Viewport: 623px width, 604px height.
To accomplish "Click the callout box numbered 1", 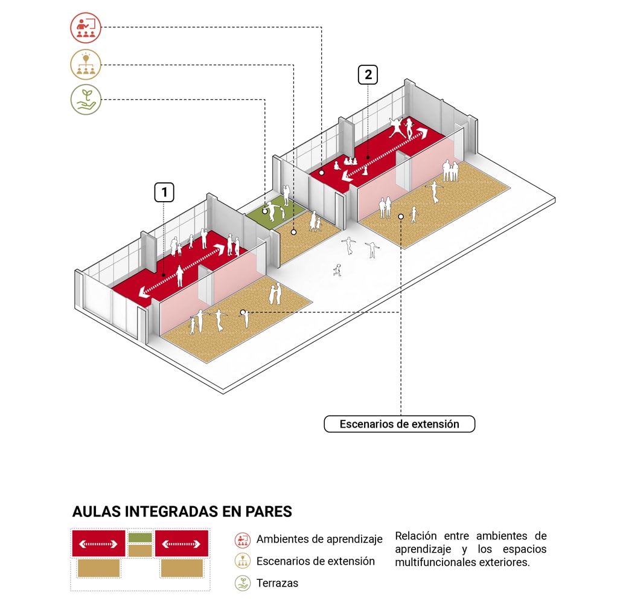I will coord(164,193).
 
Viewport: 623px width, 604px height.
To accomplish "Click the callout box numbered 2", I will coord(368,75).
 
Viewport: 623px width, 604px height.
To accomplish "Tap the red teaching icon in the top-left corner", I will coord(86,28).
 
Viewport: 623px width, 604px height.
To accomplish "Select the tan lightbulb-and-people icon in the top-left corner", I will coord(86,65).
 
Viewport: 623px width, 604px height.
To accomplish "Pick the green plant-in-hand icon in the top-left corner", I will coord(86,100).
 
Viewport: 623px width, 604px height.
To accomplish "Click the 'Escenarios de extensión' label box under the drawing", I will coord(399,424).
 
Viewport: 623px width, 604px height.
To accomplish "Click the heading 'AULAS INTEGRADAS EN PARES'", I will coord(182,512).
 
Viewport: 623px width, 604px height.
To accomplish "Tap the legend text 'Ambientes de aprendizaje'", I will coord(319,539).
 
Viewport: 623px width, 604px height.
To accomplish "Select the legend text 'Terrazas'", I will coord(277,583).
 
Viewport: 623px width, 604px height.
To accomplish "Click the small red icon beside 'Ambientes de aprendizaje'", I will coord(243,539).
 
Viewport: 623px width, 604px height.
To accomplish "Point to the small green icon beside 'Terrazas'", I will coord(243,583).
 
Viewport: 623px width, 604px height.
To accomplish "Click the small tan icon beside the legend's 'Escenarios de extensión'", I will coord(243,561).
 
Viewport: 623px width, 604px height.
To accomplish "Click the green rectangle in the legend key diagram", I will coord(140,537).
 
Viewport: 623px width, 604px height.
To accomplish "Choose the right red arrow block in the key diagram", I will coord(182,544).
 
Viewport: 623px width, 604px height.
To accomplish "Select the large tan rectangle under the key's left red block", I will coord(98,568).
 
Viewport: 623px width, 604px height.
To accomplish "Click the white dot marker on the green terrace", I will coord(265,211).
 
